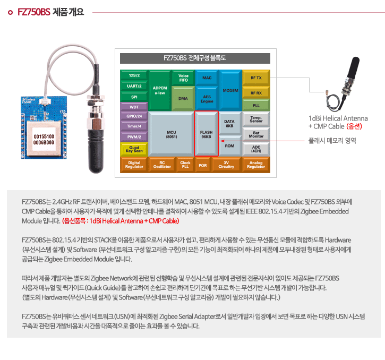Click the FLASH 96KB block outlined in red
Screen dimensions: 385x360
206,134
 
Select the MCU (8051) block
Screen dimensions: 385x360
171,134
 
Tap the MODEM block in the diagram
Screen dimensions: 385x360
230,90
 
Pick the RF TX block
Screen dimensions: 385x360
256,78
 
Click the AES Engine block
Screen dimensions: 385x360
207,99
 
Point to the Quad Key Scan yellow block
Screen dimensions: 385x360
134,149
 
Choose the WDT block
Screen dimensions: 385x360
134,107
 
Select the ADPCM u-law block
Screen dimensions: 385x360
160,90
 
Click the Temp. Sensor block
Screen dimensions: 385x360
256,119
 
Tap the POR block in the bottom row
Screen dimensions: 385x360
202,165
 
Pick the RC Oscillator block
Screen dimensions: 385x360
162,165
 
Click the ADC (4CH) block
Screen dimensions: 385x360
256,149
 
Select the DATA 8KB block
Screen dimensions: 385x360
229,124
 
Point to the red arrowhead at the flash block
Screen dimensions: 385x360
222,141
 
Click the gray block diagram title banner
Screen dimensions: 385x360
195,58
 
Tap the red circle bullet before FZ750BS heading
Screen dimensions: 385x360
10,12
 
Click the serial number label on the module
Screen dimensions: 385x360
44,140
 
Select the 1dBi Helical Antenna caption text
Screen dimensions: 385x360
338,118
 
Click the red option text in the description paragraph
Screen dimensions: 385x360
121,221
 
